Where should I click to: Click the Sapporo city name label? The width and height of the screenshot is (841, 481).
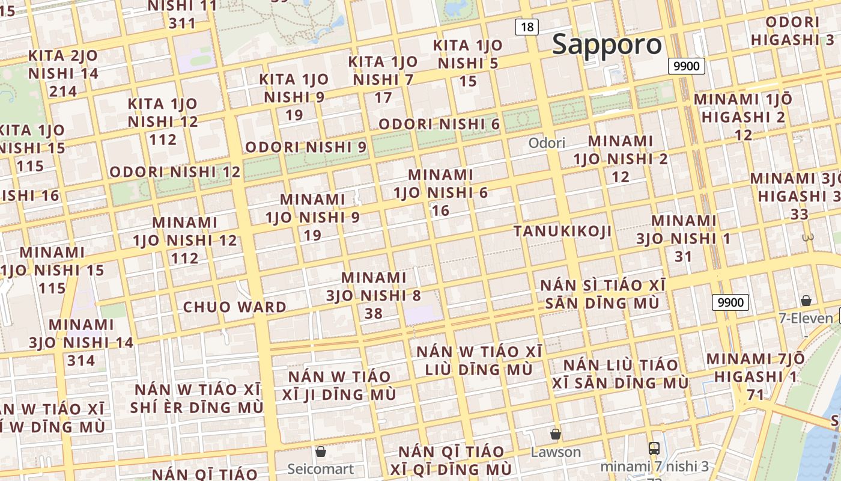607,44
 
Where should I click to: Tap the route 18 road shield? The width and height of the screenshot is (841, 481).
527,26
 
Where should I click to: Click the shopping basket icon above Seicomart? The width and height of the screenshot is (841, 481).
321,451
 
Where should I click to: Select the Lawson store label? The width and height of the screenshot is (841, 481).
556,452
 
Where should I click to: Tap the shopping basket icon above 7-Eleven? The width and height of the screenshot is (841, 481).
806,301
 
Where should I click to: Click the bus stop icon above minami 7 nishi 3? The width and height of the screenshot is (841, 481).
654,448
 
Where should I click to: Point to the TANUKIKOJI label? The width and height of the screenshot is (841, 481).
563,231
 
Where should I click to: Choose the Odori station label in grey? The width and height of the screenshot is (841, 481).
547,143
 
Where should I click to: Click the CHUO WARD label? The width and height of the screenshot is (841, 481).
235,307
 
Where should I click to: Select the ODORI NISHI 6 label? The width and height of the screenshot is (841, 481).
439,124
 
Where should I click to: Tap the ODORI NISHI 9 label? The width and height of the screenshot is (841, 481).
306,147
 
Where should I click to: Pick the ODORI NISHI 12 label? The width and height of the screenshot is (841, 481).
175,172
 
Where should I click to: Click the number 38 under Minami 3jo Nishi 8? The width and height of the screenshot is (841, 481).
373,313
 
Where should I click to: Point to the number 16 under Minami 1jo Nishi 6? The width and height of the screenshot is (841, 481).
440,210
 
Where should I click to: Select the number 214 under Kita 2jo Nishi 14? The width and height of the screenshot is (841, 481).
63,91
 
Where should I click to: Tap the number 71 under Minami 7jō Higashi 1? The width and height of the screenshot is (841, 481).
755,395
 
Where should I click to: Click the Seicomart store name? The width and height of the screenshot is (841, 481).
320,468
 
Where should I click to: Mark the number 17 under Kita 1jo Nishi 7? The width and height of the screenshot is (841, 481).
383,97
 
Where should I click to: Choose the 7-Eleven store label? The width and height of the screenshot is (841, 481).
806,318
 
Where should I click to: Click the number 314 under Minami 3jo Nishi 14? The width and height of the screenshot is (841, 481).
81,361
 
